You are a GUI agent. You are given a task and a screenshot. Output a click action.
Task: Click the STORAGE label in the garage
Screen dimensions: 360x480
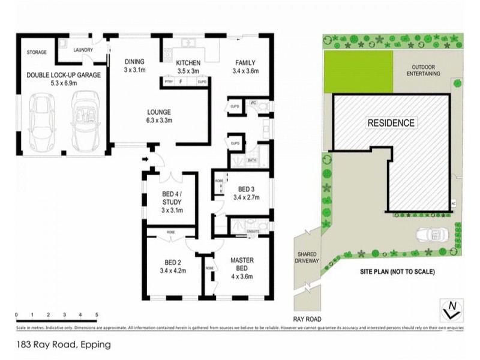[37, 53]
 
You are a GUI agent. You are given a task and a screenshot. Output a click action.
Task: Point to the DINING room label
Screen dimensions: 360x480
[134, 65]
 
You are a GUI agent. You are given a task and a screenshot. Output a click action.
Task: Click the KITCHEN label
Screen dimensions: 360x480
[188, 66]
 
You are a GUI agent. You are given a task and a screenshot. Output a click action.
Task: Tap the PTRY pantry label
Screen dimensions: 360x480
[169, 82]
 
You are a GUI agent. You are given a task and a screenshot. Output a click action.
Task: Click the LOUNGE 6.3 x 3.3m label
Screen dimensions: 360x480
[160, 116]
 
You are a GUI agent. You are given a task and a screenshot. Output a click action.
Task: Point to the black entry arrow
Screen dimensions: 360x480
[146, 160]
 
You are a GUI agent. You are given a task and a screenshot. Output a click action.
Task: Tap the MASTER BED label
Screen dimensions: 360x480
[243, 264]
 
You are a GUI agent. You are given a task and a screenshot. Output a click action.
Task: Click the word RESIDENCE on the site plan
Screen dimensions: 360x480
[391, 123]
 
